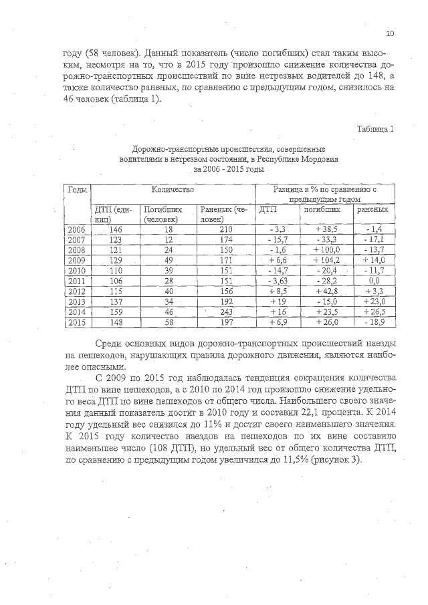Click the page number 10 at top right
tap(391, 34)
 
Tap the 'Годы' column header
tap(77, 191)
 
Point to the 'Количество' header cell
tap(173, 191)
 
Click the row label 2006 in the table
tap(77, 229)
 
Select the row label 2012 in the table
tap(77, 291)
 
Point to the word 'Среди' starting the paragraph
tap(110, 344)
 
